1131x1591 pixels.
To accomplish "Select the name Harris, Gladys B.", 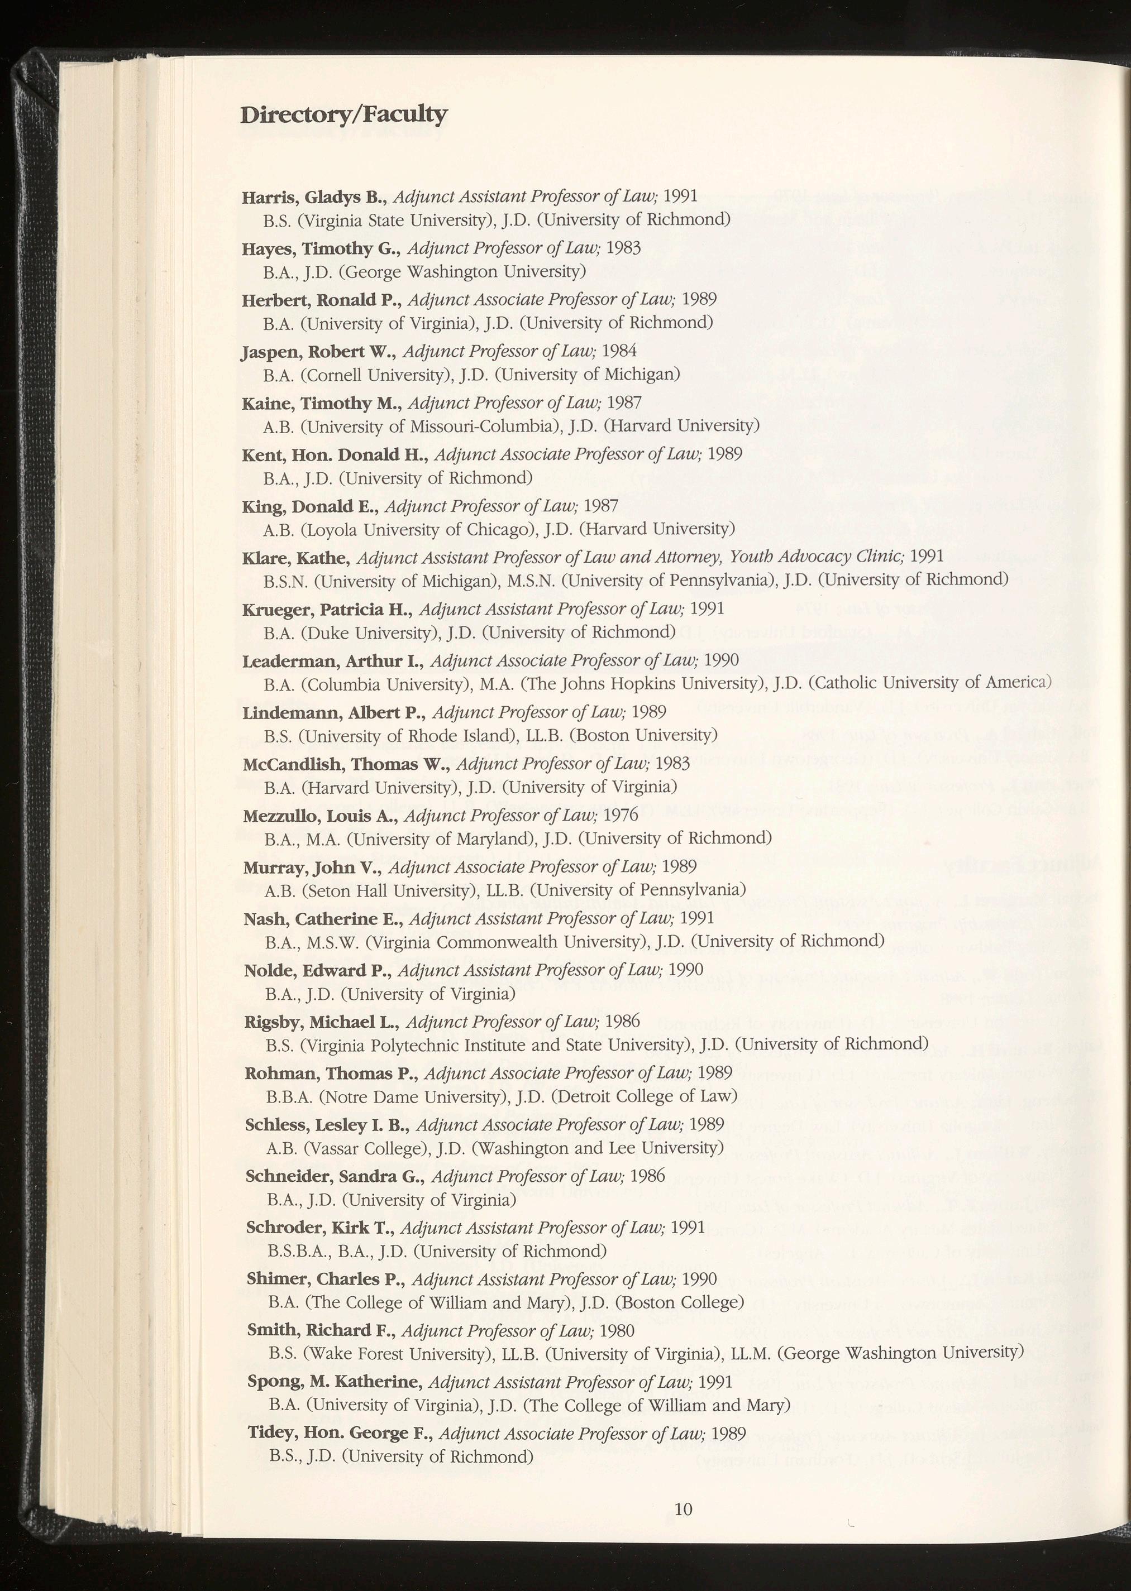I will click(313, 197).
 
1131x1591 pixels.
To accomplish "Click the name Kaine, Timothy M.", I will click(322, 403).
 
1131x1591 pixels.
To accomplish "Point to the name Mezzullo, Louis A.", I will click(321, 815).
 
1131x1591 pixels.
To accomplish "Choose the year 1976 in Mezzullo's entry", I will click(621, 814).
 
